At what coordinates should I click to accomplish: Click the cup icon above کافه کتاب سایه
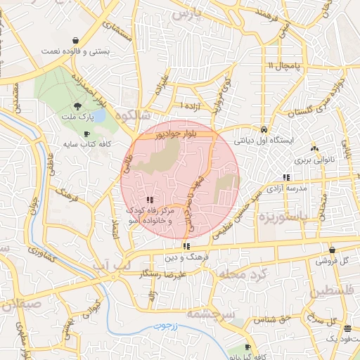(86, 134)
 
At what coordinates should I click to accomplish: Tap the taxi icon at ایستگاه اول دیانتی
(263, 129)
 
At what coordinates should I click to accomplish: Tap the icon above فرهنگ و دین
(186, 246)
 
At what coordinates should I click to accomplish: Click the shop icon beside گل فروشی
(332, 249)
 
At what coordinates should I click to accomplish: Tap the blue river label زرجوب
(169, 326)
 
